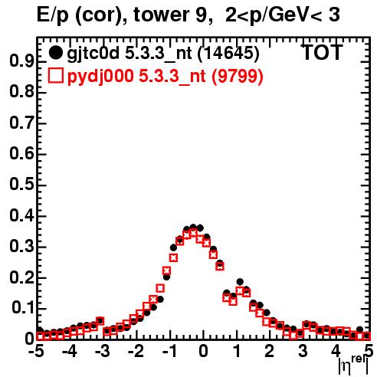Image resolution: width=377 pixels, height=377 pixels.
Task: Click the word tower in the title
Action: pos(169,15)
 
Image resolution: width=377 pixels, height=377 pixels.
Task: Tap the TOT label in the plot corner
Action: pos(323,52)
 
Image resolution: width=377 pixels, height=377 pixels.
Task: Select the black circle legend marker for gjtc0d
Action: pos(55,52)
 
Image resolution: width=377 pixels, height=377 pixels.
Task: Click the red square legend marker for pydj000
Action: pos(55,76)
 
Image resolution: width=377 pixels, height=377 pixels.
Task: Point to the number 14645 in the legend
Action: pos(228,53)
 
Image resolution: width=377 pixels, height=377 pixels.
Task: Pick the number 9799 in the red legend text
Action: pos(238,76)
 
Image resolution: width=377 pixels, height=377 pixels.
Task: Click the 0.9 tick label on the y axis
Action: pos(21,61)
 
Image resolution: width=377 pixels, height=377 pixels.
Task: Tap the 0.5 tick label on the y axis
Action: pos(21,185)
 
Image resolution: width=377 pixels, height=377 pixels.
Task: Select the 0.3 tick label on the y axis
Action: pos(21,246)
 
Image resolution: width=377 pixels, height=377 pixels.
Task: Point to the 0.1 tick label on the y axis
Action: pos(22,308)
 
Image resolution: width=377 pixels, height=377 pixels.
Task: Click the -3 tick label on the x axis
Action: pos(103,351)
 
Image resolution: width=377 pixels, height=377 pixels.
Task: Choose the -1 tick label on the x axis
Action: pos(169,351)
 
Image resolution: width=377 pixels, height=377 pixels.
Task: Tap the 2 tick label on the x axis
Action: pos(270,351)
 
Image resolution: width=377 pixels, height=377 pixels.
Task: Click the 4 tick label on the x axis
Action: pos(336,351)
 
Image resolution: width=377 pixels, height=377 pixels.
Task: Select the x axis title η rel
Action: pos(353,365)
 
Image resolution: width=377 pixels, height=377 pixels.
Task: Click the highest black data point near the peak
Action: pos(193,227)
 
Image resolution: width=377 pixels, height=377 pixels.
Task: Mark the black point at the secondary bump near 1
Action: pos(240,282)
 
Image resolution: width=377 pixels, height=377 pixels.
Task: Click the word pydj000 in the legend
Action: pos(100,77)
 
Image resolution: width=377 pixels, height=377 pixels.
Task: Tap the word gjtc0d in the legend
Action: pos(93,54)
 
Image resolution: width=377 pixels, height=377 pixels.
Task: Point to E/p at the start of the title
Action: pos(53,15)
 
